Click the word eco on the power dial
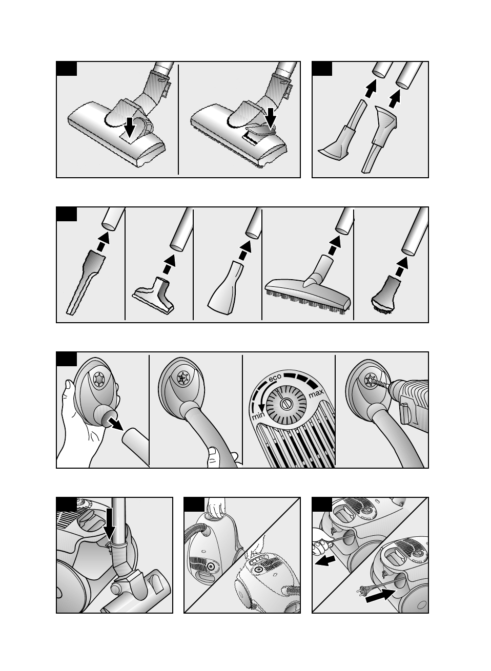(276, 380)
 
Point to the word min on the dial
(257, 416)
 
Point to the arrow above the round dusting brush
(403, 264)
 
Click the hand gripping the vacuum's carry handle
(215, 508)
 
